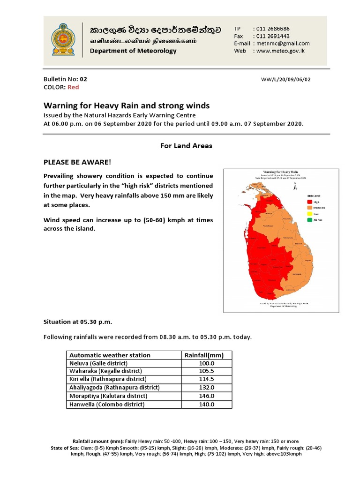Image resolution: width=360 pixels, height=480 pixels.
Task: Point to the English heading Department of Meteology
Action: tap(133, 51)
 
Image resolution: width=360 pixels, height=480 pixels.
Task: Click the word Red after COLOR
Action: tap(73, 87)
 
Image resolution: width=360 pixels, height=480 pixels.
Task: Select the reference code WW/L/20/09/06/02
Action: tap(285, 80)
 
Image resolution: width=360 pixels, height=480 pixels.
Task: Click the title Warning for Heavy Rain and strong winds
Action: tap(127, 105)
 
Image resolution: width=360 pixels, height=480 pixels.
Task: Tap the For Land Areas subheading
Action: tap(187, 146)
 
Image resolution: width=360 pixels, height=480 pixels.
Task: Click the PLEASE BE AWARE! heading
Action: tap(77, 162)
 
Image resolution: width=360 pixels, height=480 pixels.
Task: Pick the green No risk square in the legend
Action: tap(309, 220)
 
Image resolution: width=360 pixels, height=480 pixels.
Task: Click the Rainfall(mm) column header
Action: tap(207, 355)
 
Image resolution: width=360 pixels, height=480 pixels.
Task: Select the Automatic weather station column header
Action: tap(110, 355)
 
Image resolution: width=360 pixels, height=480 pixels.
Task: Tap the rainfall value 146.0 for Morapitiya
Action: tap(207, 396)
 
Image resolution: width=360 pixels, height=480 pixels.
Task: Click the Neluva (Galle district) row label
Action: tap(98, 363)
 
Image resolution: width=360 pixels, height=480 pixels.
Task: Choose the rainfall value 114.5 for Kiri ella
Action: tap(207, 379)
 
